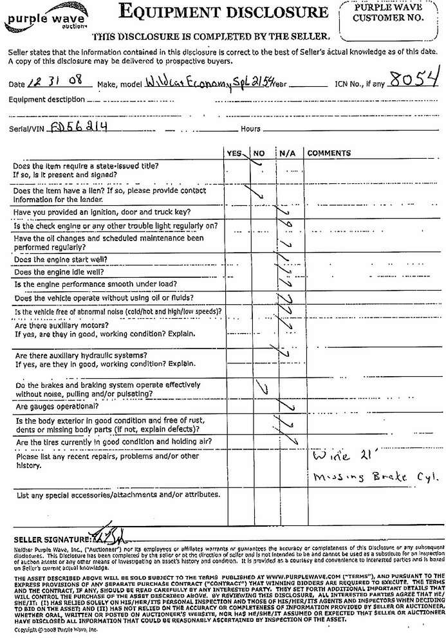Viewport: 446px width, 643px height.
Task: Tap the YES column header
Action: click(235, 154)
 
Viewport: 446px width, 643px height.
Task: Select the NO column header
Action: click(259, 154)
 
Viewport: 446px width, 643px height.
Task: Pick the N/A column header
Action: click(286, 154)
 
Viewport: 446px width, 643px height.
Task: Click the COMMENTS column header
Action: click(329, 154)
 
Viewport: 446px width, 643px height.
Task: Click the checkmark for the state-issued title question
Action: click(258, 163)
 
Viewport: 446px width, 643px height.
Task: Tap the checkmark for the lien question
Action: click(259, 194)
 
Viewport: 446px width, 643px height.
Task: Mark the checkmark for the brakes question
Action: click(261, 388)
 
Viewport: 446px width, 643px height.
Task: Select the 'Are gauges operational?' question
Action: click(57, 406)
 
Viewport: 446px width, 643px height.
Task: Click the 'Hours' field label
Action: click(251, 129)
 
